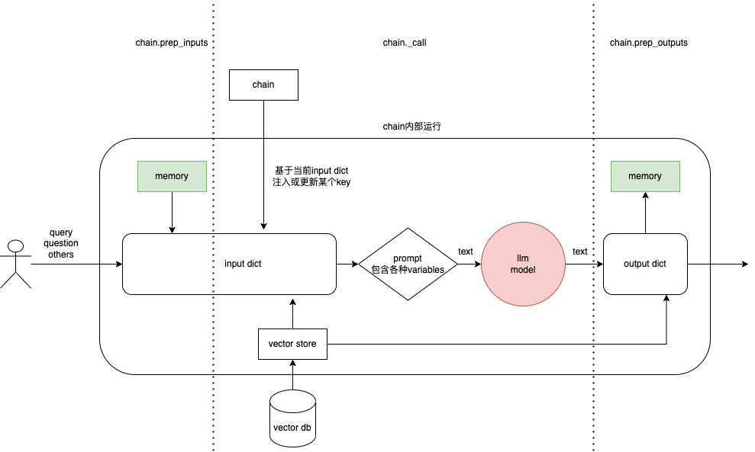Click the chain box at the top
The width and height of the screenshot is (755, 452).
tap(263, 85)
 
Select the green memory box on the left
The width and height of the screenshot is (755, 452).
tap(172, 176)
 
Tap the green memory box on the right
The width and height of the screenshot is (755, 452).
tap(645, 176)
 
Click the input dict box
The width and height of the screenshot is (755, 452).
tap(229, 264)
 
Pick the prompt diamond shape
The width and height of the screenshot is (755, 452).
tap(408, 264)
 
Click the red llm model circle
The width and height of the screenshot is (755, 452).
tap(523, 264)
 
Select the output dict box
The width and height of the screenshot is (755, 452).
tap(645, 264)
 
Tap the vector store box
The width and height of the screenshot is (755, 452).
tap(292, 344)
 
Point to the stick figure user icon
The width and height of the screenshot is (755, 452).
tap(15, 263)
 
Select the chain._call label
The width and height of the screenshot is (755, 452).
tap(404, 43)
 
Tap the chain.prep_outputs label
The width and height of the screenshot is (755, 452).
tap(648, 43)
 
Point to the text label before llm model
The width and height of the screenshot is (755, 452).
tap(465, 252)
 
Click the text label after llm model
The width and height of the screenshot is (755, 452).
tap(580, 252)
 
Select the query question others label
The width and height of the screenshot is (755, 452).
tap(61, 243)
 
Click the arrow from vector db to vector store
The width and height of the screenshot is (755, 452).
tap(292, 375)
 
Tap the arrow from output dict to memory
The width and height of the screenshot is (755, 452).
tap(645, 213)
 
